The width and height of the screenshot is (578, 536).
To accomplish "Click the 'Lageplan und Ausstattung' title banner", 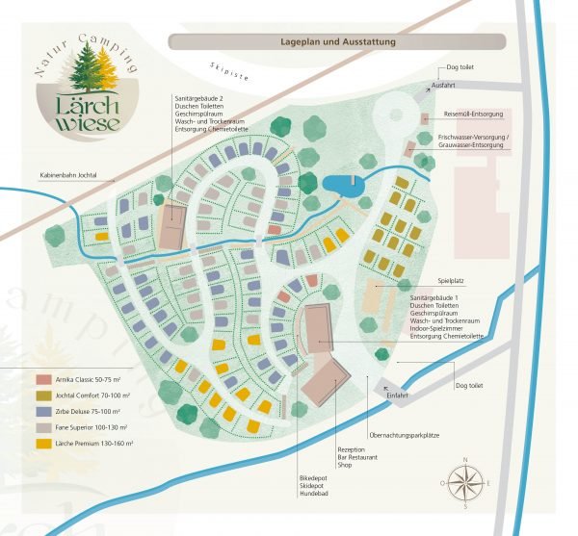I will click(336, 42).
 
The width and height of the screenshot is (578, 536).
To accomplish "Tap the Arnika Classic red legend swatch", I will click(45, 379).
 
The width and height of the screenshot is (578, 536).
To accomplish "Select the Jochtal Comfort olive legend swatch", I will click(45, 396).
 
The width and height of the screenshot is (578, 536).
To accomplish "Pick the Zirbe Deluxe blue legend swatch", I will click(45, 412).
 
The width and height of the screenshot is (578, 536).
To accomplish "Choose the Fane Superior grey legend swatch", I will click(45, 427).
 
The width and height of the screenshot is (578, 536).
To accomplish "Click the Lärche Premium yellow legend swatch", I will click(45, 444).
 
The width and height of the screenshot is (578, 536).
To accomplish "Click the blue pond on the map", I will click(344, 184).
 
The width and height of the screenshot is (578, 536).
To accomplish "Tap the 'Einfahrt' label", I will click(398, 395).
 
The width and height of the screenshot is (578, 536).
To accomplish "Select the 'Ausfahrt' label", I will click(444, 85).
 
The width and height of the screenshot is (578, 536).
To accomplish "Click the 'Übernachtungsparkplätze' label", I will click(404, 435).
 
